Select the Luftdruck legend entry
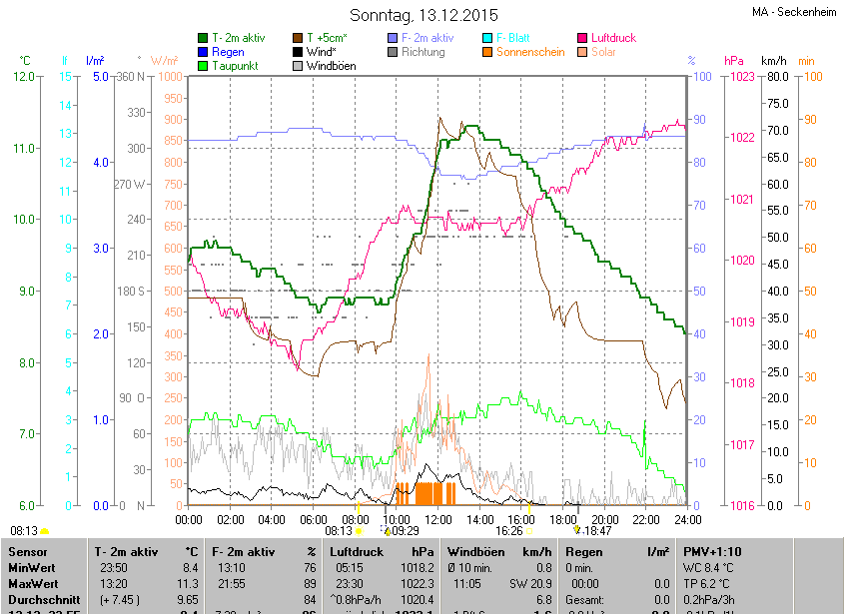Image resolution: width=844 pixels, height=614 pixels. [x=612, y=38]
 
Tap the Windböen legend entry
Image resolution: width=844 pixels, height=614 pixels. [x=331, y=66]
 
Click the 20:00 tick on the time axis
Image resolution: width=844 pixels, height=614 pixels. [x=604, y=519]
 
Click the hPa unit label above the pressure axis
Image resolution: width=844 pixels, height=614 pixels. [x=733, y=61]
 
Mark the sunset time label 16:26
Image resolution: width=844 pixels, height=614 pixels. [x=508, y=532]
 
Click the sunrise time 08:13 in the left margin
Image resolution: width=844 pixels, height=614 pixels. [x=24, y=530]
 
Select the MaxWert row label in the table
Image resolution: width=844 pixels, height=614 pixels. [x=33, y=583]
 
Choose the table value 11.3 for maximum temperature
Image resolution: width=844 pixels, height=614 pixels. [x=189, y=583]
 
